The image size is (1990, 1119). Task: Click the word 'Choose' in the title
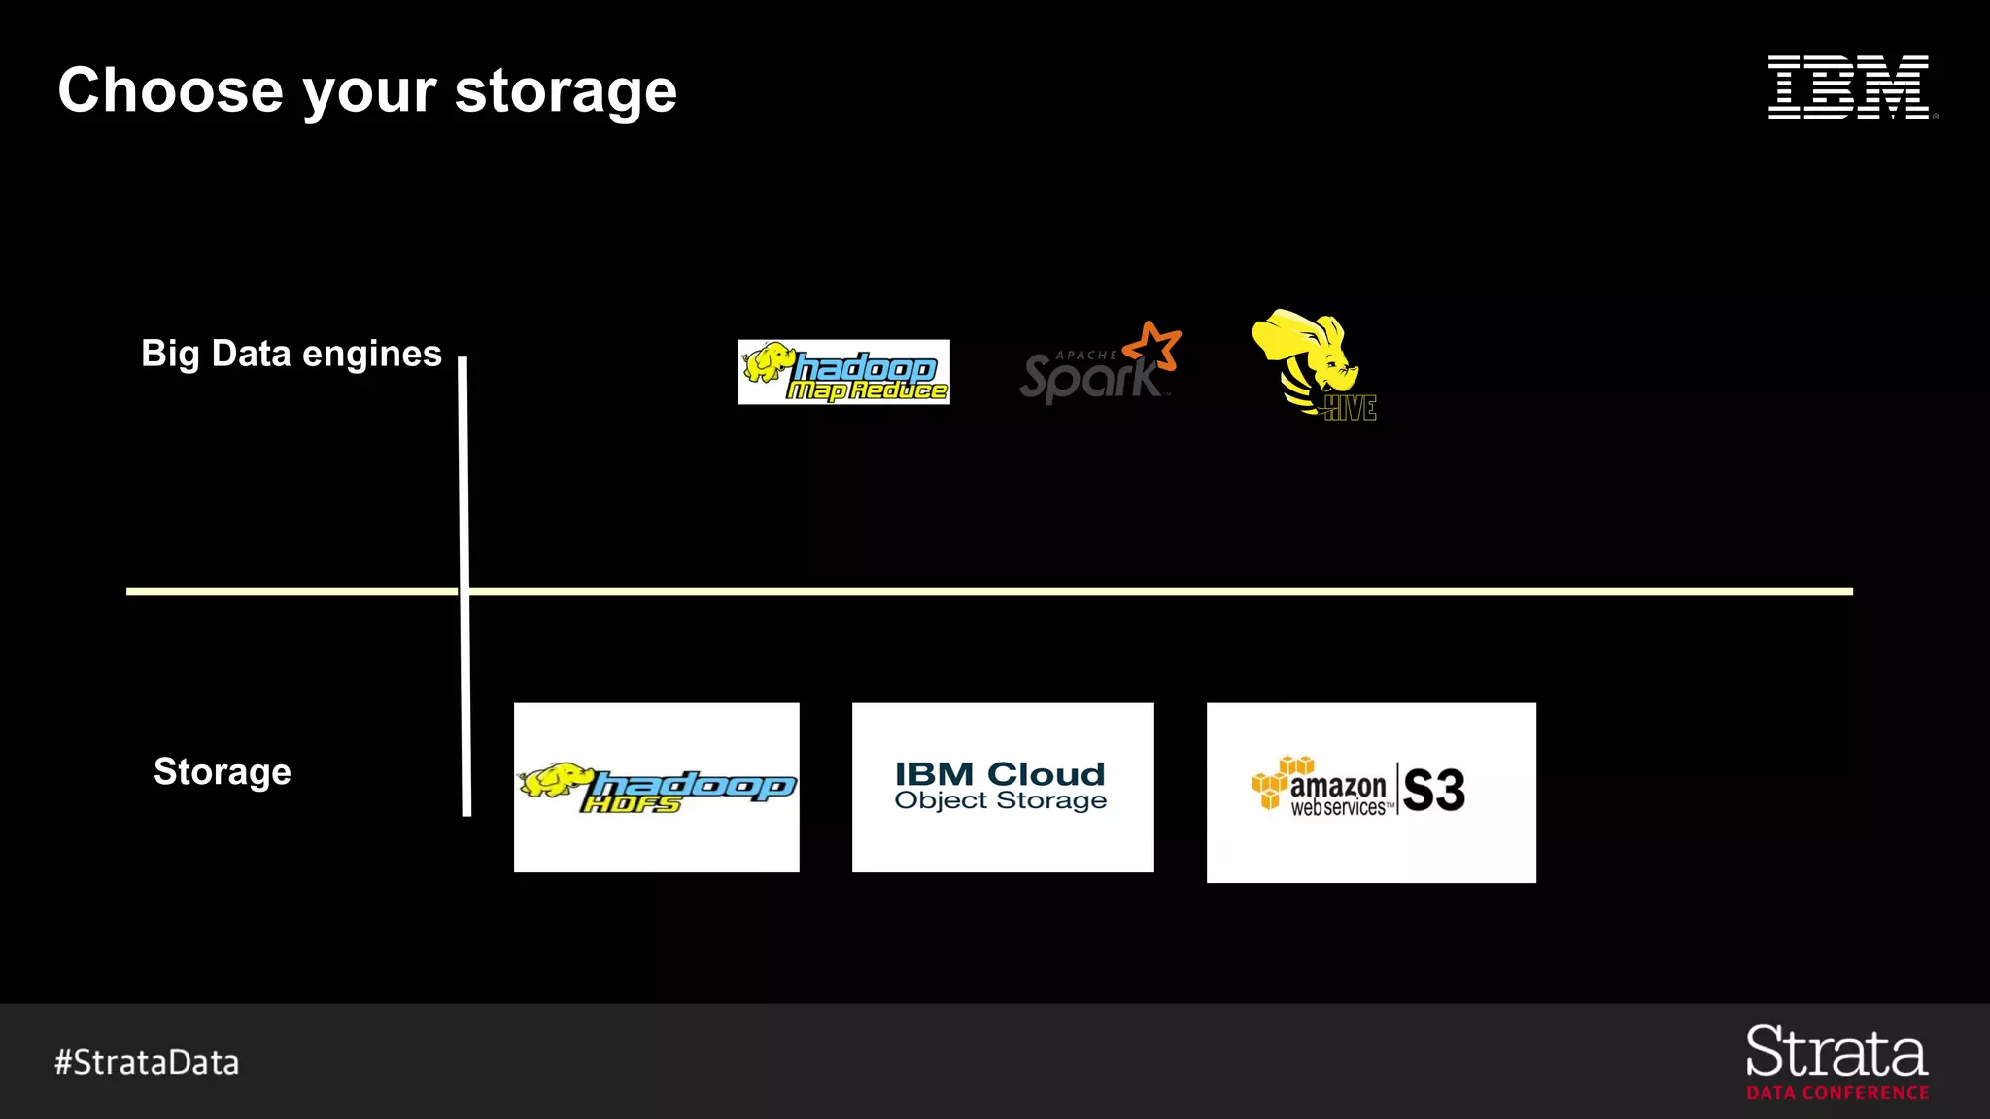(x=171, y=90)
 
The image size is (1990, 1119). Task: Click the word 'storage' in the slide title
(x=566, y=92)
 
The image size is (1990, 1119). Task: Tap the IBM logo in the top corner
(x=1849, y=87)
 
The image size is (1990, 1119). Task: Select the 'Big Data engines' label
(x=292, y=354)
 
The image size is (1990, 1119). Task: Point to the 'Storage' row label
(x=223, y=771)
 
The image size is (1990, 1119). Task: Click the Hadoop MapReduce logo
(x=843, y=372)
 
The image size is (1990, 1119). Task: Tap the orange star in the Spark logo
(x=1153, y=346)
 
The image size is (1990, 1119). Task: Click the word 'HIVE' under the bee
(x=1351, y=409)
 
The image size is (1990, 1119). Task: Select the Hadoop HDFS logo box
(x=657, y=787)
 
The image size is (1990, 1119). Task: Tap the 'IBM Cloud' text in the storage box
(x=1000, y=774)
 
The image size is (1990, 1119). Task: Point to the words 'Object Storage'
(x=1000, y=800)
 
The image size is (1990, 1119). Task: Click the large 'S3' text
(x=1433, y=790)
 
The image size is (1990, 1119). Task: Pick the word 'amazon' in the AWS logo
(x=1338, y=785)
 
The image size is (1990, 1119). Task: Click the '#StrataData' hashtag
(x=147, y=1063)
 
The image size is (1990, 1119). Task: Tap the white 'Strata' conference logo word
(x=1836, y=1052)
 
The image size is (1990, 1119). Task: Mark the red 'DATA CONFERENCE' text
(x=1837, y=1093)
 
